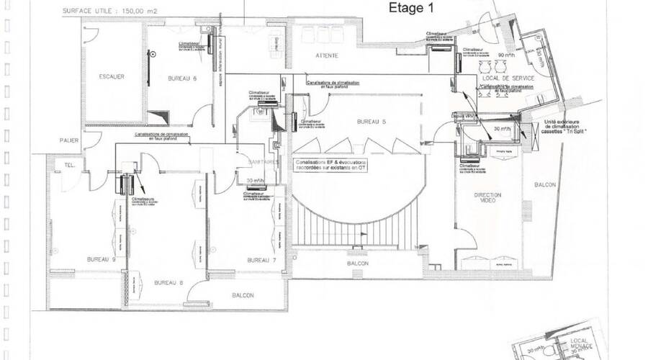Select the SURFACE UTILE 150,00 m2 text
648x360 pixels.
click(x=110, y=12)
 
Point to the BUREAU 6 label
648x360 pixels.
click(x=183, y=78)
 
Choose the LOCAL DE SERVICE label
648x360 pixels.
click(x=506, y=77)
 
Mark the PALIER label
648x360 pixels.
click(x=69, y=140)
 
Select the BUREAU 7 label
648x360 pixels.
click(x=261, y=260)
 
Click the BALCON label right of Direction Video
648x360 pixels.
click(x=545, y=185)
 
